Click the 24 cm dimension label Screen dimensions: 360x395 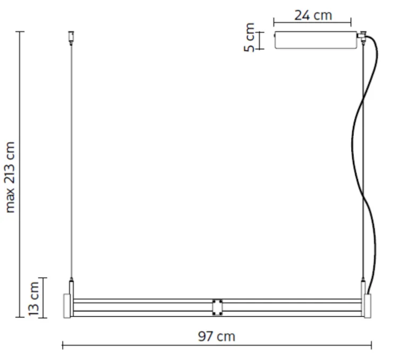coord(313,15)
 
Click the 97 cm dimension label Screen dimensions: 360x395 coord(216,336)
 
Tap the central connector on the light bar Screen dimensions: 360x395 coord(217,307)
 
